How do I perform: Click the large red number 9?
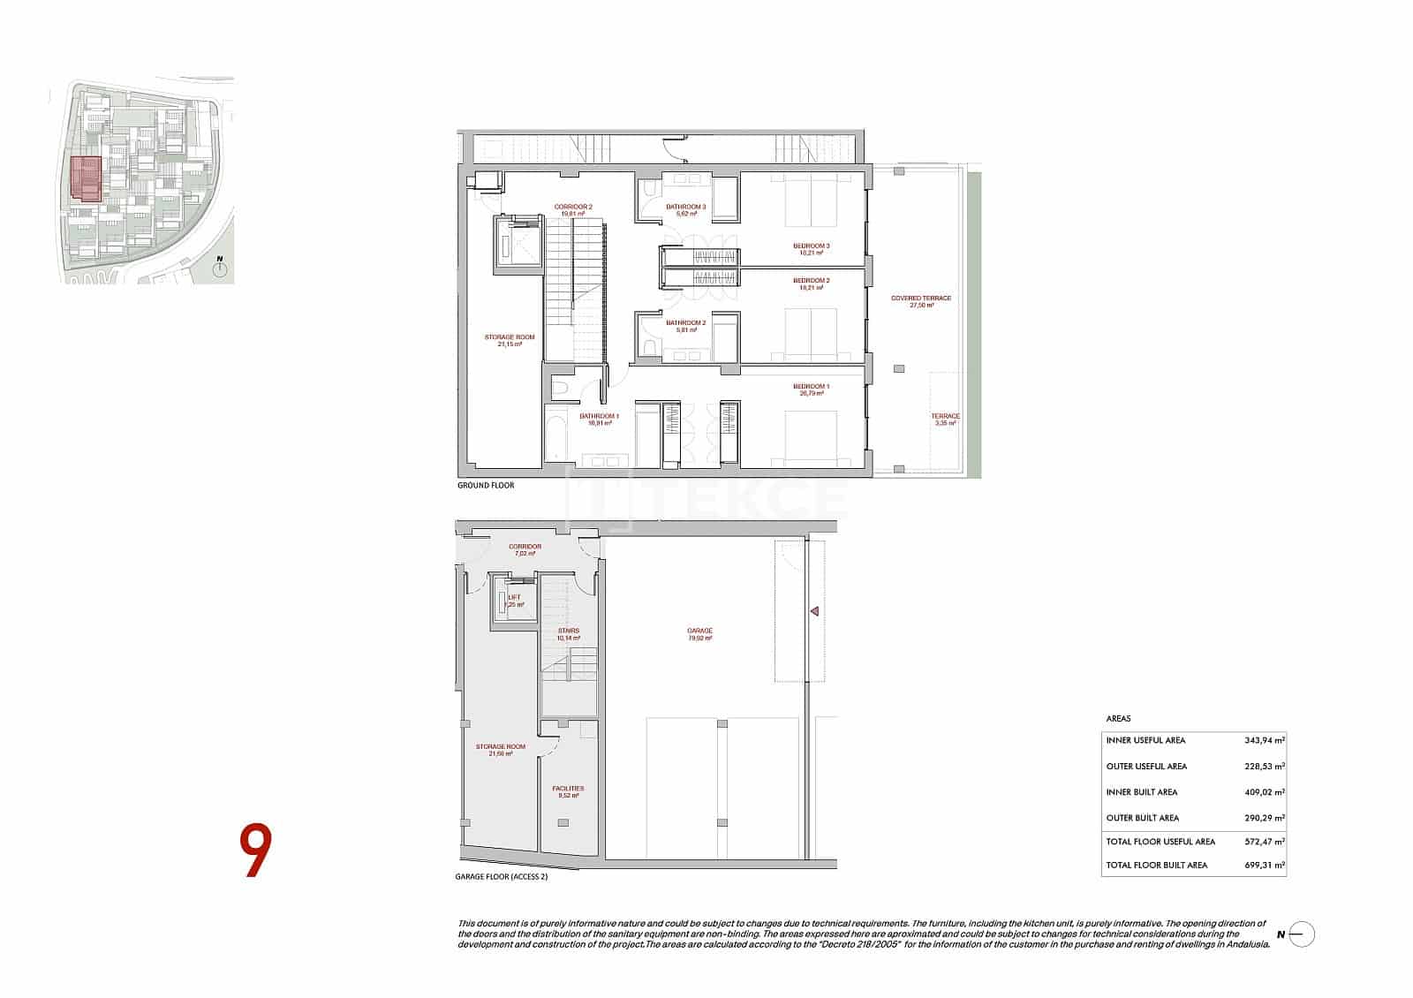pyautogui.click(x=254, y=851)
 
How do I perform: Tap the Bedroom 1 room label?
pyautogui.click(x=810, y=387)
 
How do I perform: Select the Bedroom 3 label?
pyautogui.click(x=810, y=246)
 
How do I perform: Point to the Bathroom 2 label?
pyautogui.click(x=685, y=323)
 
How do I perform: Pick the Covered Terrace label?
pyautogui.click(x=920, y=299)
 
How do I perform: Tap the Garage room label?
pyautogui.click(x=699, y=631)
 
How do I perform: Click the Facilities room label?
pyautogui.click(x=568, y=789)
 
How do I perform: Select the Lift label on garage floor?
pyautogui.click(x=514, y=598)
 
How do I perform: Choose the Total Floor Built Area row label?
pyautogui.click(x=1156, y=866)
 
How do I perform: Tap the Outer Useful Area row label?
pyautogui.click(x=1146, y=767)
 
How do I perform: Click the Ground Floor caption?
pyautogui.click(x=486, y=486)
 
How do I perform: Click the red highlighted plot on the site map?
pyautogui.click(x=86, y=178)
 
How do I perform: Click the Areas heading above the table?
pyautogui.click(x=1118, y=719)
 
